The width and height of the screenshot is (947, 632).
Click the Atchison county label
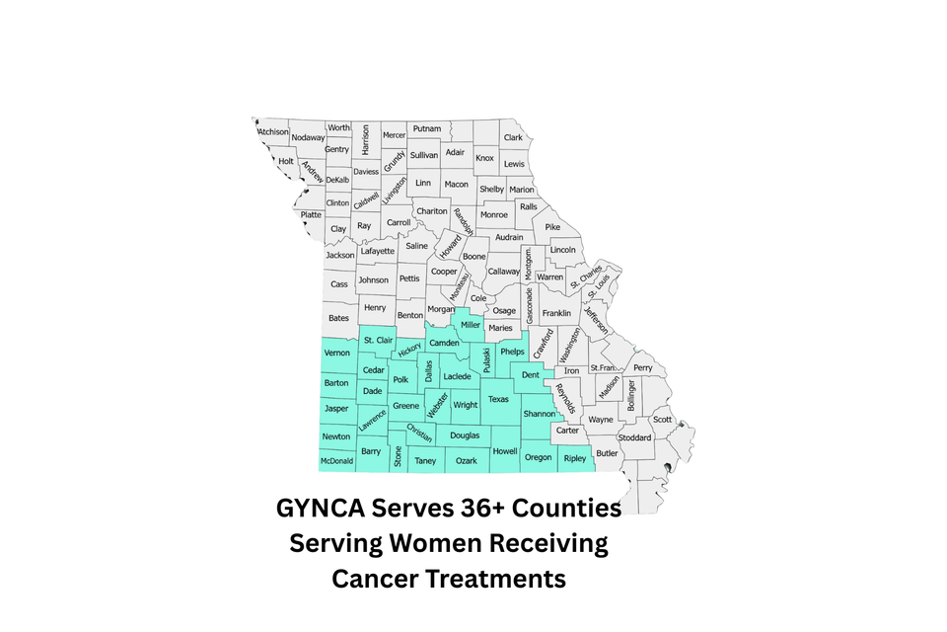(x=273, y=132)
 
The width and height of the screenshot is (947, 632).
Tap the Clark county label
(x=513, y=138)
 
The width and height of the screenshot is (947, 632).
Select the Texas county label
(x=498, y=399)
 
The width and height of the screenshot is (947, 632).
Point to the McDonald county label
(x=336, y=461)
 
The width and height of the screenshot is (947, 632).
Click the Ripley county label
(x=574, y=458)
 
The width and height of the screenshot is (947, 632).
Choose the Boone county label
(x=474, y=257)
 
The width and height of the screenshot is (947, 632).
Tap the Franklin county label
(x=556, y=313)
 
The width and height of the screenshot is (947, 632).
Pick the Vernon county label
(x=337, y=353)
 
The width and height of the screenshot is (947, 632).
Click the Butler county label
(x=607, y=453)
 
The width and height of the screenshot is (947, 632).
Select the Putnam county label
(x=427, y=129)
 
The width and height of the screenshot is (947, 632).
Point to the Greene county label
(x=405, y=405)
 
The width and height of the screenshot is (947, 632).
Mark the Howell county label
(x=505, y=451)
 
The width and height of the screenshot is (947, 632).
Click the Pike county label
(x=552, y=227)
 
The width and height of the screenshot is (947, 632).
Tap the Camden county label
(x=444, y=343)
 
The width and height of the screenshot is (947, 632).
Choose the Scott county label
(x=662, y=420)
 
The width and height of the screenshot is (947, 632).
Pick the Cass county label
(x=339, y=284)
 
